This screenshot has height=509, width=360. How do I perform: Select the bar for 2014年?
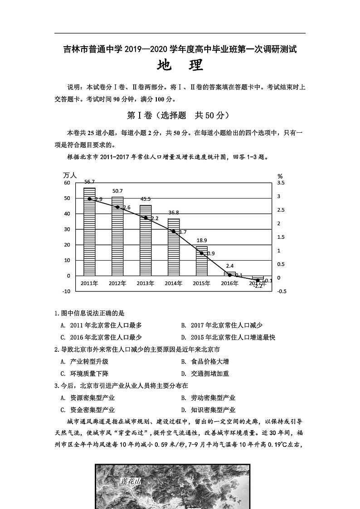[174, 247]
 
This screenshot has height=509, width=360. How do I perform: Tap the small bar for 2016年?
[230, 274]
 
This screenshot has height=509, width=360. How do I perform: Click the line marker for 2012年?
[117, 207]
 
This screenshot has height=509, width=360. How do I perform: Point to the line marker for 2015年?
[202, 253]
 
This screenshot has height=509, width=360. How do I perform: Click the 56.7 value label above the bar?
[89, 182]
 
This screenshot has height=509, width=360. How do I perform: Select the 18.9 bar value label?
[202, 240]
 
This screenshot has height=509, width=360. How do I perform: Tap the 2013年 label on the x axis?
[146, 283]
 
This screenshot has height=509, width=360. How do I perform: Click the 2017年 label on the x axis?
[258, 283]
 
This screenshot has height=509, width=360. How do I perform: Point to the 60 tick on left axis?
[67, 183]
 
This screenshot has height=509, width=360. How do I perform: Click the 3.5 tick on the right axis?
[281, 183]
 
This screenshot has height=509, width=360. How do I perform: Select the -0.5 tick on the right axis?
[281, 291]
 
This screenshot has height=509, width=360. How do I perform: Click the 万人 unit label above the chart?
[70, 175]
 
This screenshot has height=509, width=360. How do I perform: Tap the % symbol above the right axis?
[280, 176]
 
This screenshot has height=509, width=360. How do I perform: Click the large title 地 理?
[180, 66]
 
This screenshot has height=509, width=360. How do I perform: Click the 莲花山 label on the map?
[131, 481]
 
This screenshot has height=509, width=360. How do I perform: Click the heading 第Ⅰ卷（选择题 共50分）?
[180, 116]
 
